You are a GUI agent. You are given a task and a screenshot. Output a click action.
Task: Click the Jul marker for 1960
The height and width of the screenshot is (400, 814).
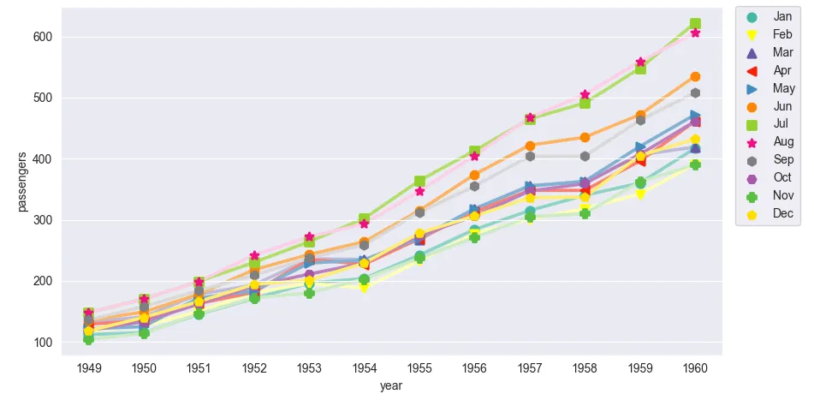[695, 24]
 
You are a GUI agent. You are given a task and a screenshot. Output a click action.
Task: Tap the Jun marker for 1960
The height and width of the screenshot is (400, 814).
[695, 77]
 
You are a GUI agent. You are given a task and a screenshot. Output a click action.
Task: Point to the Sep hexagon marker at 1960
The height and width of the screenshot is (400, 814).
[695, 93]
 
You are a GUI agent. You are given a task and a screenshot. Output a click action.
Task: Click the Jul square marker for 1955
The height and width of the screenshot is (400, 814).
[420, 182]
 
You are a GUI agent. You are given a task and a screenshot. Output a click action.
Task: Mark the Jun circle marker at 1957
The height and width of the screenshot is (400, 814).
[530, 146]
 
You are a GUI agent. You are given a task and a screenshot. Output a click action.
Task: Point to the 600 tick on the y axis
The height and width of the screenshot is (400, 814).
[43, 37]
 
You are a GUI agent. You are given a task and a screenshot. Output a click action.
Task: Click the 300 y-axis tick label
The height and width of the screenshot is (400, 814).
[43, 220]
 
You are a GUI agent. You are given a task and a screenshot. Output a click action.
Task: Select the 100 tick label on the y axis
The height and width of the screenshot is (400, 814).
[43, 343]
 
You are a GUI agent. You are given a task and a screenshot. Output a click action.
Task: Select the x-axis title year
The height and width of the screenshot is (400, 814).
[391, 386]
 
